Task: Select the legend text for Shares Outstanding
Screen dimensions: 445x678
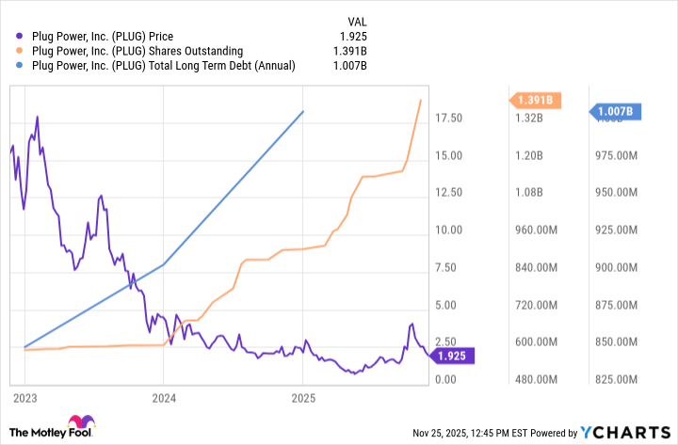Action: click(137, 51)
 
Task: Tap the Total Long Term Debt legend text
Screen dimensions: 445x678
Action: click(163, 65)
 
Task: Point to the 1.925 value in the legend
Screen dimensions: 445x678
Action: click(351, 37)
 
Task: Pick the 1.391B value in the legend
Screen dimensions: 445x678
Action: click(348, 51)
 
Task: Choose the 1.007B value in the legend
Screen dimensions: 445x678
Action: click(348, 65)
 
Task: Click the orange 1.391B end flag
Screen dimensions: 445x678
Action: click(535, 100)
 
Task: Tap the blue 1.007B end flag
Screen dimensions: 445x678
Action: click(617, 112)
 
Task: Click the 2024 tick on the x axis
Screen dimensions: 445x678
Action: click(164, 398)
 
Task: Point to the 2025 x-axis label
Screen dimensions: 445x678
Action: click(302, 398)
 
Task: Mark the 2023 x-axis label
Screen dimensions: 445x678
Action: click(25, 398)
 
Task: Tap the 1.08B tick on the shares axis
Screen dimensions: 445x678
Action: click(529, 193)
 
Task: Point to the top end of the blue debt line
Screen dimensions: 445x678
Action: click(303, 111)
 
